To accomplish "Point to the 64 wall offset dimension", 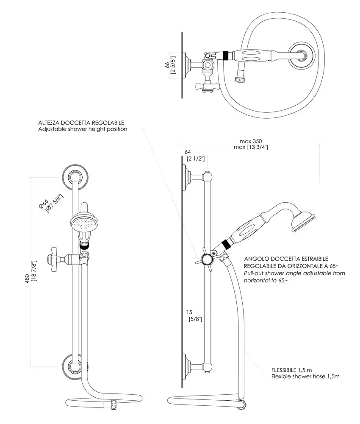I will tap(188, 151).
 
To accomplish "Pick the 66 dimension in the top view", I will tap(167, 65).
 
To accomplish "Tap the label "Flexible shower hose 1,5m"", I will tap(305, 376).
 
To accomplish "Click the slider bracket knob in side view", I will tap(207, 259).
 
